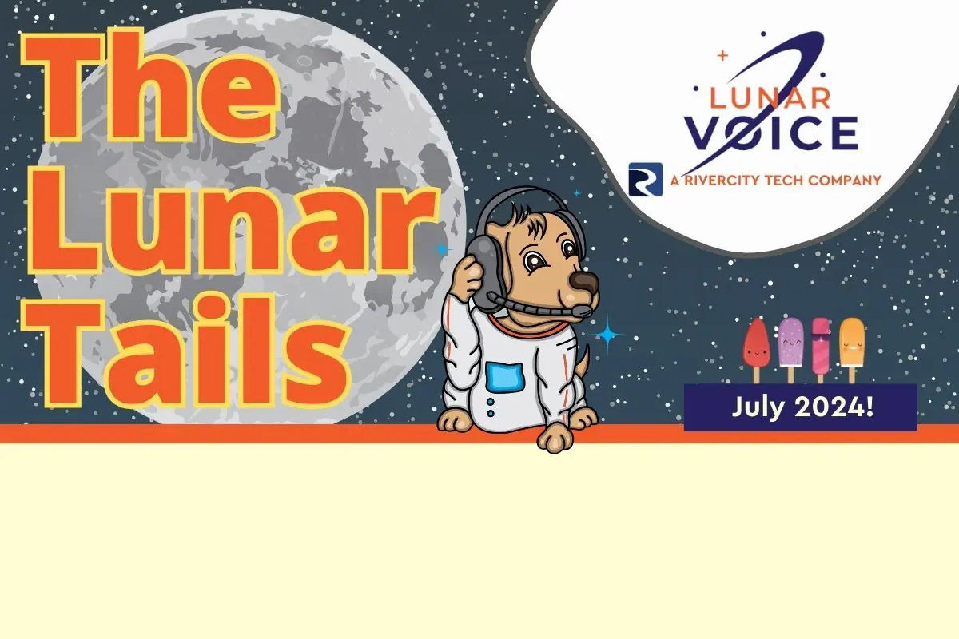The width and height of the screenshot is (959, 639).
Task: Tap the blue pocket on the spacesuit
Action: pyautogui.click(x=505, y=377)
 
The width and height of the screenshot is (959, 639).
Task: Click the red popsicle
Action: pyautogui.click(x=756, y=350)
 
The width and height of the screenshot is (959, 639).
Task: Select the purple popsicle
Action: pyautogui.click(x=790, y=350)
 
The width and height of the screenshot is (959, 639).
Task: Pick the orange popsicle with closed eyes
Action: pyautogui.click(x=852, y=350)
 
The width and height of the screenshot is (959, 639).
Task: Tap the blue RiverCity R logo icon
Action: pyautogui.click(x=645, y=180)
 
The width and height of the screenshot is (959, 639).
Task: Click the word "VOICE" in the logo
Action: pyautogui.click(x=771, y=133)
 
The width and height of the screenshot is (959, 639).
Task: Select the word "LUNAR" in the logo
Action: pyautogui.click(x=770, y=98)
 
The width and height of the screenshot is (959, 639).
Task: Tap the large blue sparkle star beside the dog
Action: pyautogui.click(x=607, y=335)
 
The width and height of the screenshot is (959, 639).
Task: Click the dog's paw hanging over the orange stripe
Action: pyautogui.click(x=555, y=438)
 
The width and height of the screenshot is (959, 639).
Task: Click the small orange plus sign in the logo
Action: pyautogui.click(x=722, y=55)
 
